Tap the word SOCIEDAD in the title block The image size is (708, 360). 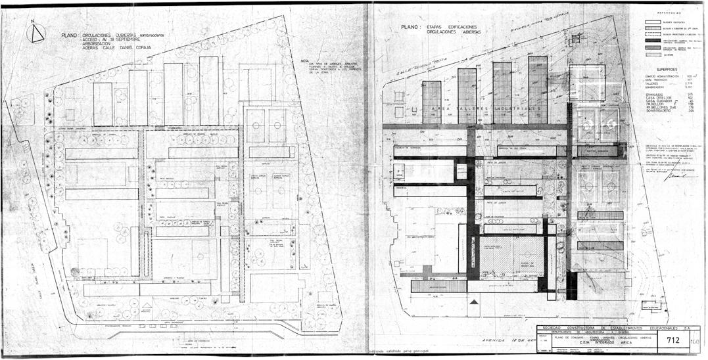[x=554, y=327]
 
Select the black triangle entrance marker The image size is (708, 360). [x=473, y=302]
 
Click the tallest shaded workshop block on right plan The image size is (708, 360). [x=537, y=89]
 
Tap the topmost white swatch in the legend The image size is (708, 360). [x=653, y=20]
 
